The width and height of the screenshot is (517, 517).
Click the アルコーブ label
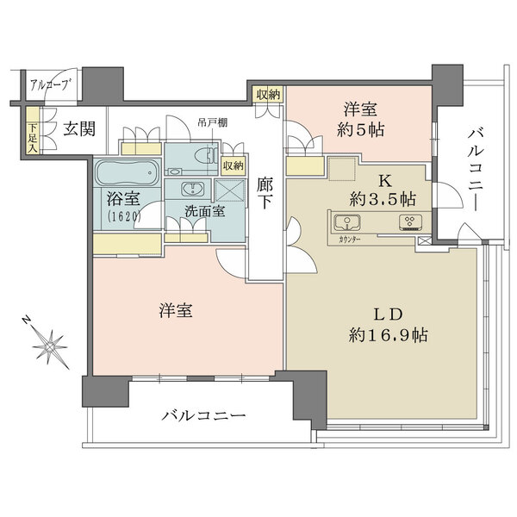click(49, 84)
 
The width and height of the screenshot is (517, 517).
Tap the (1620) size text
click(123, 217)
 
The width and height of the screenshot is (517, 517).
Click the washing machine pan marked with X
click(229, 190)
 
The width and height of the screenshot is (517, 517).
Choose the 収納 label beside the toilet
click(232, 165)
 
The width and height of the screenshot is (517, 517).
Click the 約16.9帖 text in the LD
click(385, 333)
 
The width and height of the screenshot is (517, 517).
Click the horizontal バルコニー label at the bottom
click(203, 416)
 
